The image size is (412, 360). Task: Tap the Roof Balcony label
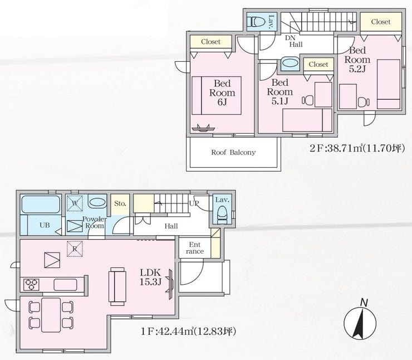(x=233, y=153)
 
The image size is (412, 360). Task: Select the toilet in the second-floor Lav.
(x=257, y=22)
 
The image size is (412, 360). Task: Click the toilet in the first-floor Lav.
(x=222, y=215)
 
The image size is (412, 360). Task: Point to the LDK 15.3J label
(x=150, y=277)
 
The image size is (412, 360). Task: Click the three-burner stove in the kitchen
(x=32, y=285)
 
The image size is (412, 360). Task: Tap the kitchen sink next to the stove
(x=66, y=285)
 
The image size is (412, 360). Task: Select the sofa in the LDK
(x=117, y=286)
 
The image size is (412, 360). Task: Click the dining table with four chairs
(x=51, y=315)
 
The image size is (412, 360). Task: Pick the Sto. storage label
(x=120, y=203)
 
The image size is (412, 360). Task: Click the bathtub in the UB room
(x=40, y=205)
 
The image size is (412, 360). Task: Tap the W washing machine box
(x=75, y=203)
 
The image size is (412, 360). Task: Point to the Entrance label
(x=195, y=248)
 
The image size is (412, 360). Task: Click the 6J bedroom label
(x=222, y=93)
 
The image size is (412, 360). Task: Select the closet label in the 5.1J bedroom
(x=318, y=65)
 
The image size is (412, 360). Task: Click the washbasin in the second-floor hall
(x=290, y=64)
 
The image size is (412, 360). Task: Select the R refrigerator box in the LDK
(x=75, y=249)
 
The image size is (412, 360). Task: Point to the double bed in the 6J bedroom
(x=217, y=95)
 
